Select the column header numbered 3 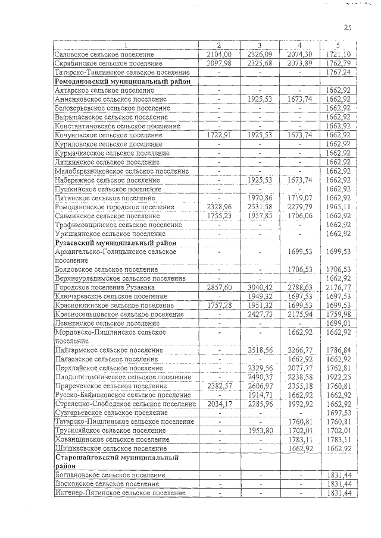pos(260,46)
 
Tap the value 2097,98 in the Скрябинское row pos(218,63)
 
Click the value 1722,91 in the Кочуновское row pos(218,135)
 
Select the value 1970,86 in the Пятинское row pos(260,197)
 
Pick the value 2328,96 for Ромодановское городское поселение pos(218,206)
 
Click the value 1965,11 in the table pos(337,206)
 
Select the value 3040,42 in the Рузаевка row pos(260,287)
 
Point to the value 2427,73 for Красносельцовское pos(260,314)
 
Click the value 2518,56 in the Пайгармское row pos(260,350)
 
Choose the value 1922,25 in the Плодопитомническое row pos(337,377)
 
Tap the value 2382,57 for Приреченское pos(218,386)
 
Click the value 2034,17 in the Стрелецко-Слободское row pos(218,404)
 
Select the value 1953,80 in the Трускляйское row pos(260,430)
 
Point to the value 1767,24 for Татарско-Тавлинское pos(337,72)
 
